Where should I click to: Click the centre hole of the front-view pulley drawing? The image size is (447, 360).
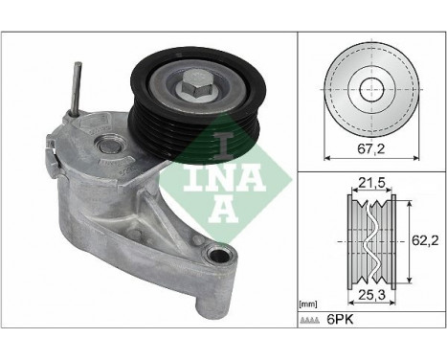coord(369,88)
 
